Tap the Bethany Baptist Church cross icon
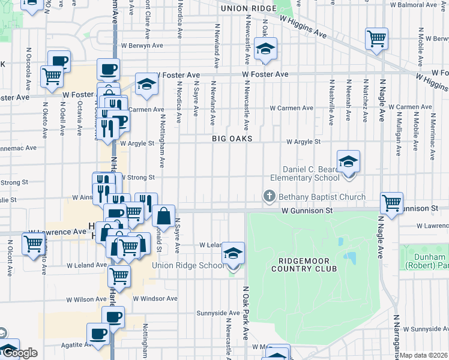pyautogui.click(x=270, y=196)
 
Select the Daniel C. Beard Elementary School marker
pyautogui.click(x=348, y=162)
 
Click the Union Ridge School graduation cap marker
pyautogui.click(x=233, y=254)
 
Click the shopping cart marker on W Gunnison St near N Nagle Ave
pyautogui.click(x=391, y=203)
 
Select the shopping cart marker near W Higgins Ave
pyautogui.click(x=376, y=39)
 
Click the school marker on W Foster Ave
pyautogui.click(x=146, y=85)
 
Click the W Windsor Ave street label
pyautogui.click(x=155, y=298)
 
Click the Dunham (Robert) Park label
pyautogui.click(x=426, y=261)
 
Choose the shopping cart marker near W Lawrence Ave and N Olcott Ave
pyautogui.click(x=33, y=244)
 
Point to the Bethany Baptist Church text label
pyautogui.click(x=322, y=197)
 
